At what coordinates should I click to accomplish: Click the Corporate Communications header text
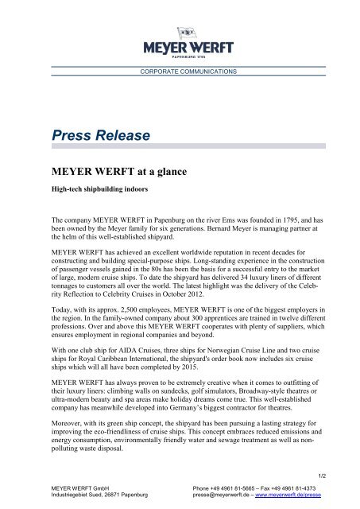point(180,72)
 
